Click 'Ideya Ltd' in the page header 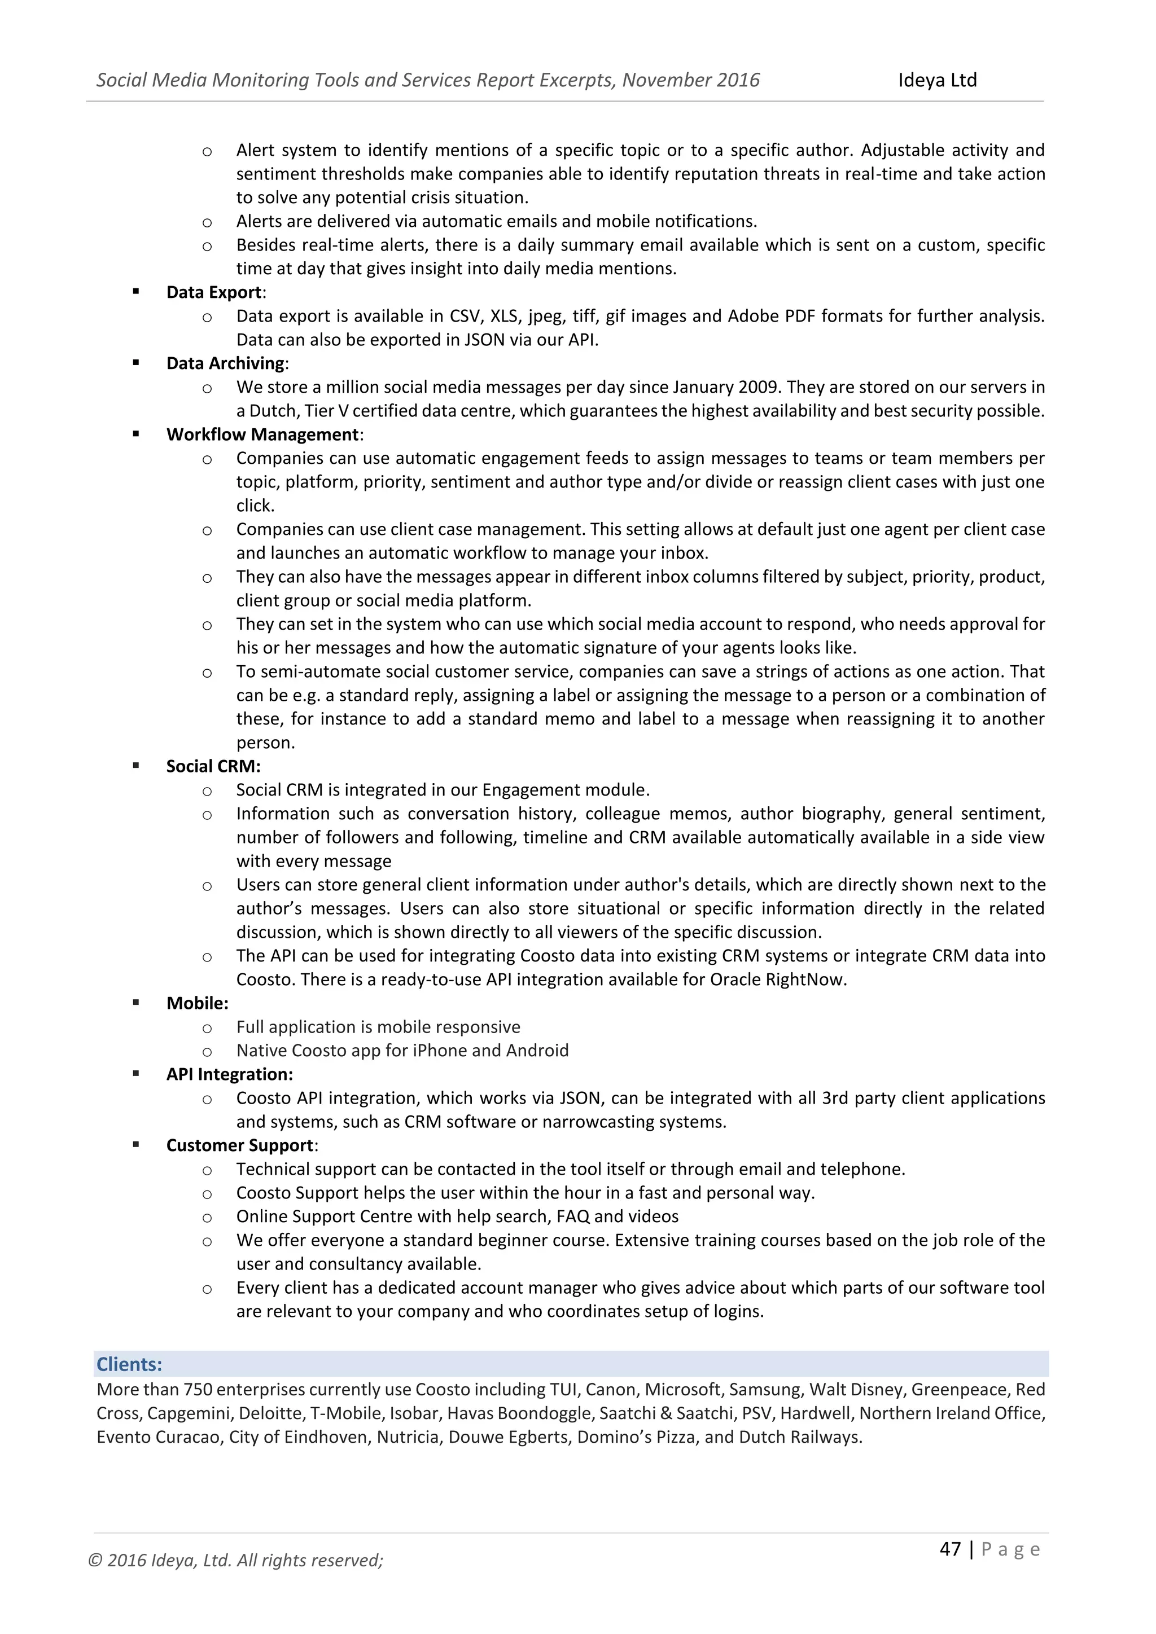click(x=937, y=80)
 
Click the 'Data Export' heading click(x=213, y=292)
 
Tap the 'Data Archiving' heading click(x=225, y=364)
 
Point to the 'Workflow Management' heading click(x=262, y=435)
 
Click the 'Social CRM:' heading click(x=213, y=766)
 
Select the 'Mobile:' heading click(x=197, y=1003)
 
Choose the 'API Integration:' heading click(x=229, y=1075)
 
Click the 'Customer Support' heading click(x=240, y=1146)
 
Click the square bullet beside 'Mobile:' click(x=136, y=1003)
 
